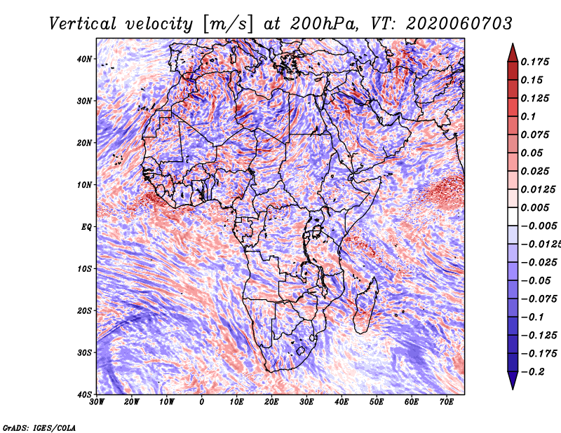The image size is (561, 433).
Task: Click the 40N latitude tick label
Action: point(84,59)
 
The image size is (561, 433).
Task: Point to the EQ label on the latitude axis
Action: point(86,227)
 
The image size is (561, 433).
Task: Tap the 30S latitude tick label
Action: point(84,352)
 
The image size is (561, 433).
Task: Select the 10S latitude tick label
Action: point(84,268)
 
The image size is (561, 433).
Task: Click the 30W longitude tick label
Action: point(97,402)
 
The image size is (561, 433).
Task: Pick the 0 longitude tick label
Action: point(202,402)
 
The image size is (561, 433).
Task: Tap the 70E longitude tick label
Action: point(446,402)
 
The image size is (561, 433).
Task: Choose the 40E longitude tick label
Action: point(342,402)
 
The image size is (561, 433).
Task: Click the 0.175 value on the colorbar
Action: point(534,62)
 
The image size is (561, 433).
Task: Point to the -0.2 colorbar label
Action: point(533,372)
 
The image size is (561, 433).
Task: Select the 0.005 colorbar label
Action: point(534,207)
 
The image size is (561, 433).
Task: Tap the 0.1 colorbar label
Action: point(528,116)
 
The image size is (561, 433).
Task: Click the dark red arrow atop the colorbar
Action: point(513,53)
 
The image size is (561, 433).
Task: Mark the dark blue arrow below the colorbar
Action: point(513,380)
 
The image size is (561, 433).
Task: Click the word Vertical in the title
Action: point(82,24)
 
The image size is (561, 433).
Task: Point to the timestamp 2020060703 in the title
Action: point(459,24)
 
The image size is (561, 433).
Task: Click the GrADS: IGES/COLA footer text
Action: point(39,427)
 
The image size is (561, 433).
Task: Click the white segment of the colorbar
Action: point(513,216)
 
